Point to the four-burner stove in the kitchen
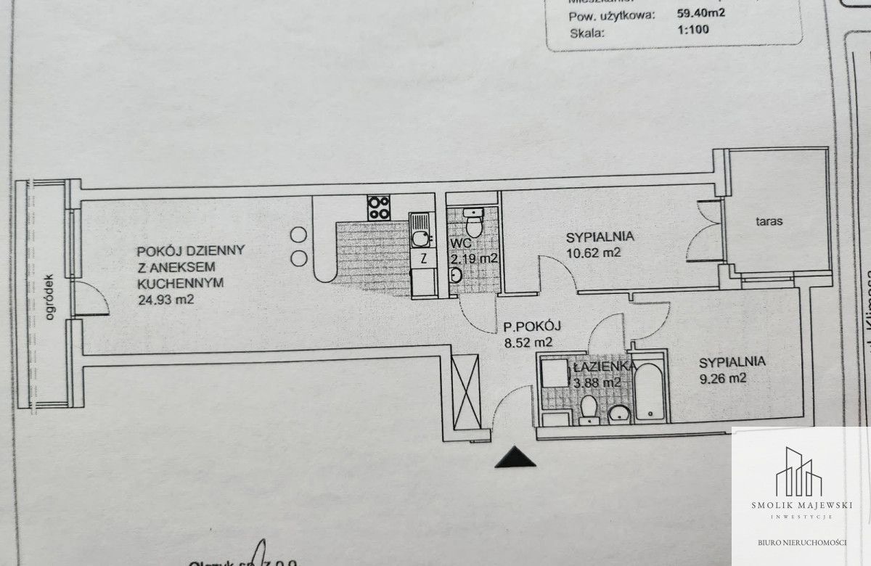[378, 208]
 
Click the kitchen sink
[420, 237]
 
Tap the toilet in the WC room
[473, 218]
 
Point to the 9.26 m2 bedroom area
[723, 378]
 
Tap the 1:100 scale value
[691, 30]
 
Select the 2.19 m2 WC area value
[473, 258]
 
